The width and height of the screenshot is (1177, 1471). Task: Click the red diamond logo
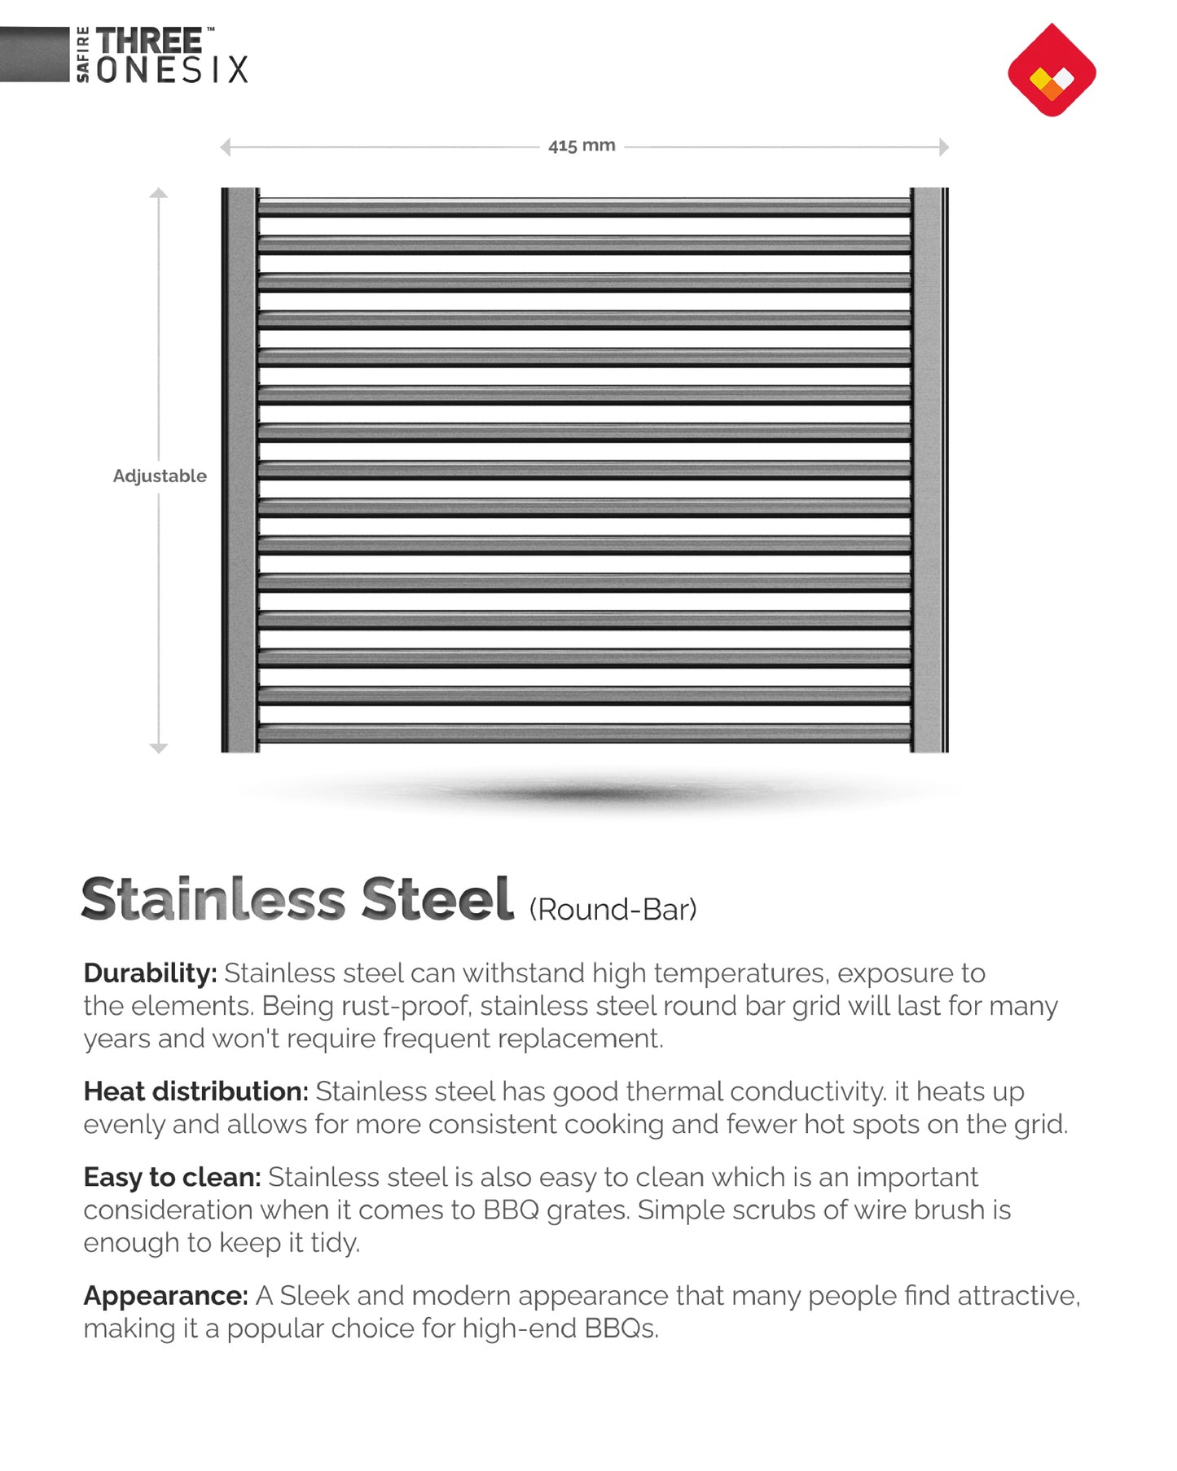1052,70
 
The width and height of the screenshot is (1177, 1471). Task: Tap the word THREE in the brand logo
149,41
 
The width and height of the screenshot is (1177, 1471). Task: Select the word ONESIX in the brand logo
172,70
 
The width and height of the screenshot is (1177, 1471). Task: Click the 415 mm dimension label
582,146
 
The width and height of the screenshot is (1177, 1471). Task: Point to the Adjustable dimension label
160,476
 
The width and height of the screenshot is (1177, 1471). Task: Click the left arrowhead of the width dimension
226,147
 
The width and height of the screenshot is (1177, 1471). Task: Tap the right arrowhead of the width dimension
944,147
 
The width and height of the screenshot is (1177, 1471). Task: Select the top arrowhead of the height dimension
159,194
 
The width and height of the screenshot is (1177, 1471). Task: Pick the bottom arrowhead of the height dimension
159,747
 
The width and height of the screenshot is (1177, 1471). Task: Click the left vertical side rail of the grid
240,470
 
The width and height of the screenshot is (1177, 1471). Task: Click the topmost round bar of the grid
584,208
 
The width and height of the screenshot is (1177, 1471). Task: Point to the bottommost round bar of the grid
584,733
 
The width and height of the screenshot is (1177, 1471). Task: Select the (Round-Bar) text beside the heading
613,910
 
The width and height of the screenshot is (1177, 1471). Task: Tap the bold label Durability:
150,973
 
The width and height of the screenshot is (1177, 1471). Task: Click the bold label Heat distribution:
195,1091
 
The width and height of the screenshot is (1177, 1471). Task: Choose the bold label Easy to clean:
172,1177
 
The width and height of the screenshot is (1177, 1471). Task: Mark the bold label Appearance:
165,1295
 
